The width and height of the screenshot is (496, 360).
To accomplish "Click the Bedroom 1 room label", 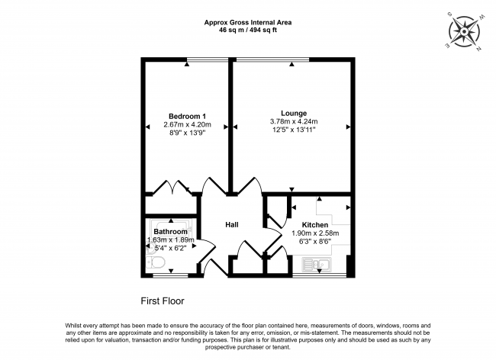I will [x=187, y=116].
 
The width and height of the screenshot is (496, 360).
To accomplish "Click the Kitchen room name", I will [x=315, y=224].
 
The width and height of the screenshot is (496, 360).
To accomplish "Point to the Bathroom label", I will [x=170, y=231].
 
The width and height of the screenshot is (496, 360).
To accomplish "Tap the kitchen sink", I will [x=316, y=265].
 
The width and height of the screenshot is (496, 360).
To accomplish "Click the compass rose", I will [x=464, y=34].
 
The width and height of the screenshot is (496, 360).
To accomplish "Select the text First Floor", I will [x=163, y=301].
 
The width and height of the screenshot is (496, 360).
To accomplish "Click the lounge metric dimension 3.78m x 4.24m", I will [x=293, y=121].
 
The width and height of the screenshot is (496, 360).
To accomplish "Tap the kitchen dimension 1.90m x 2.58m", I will [x=315, y=233].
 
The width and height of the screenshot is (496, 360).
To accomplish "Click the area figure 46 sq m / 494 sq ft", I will [x=247, y=31].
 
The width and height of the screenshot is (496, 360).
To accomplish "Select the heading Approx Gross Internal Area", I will [x=247, y=22].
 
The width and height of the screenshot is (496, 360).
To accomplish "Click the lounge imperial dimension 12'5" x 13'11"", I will [x=293, y=130].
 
